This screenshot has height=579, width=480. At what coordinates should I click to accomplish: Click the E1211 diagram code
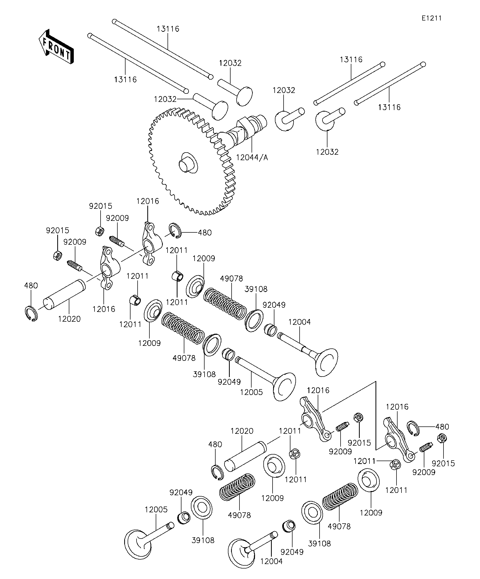click(431, 18)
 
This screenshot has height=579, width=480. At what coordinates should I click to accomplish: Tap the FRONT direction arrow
click(56, 46)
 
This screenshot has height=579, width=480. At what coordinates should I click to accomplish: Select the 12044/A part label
click(252, 158)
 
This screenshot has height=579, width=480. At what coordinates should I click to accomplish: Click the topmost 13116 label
click(168, 29)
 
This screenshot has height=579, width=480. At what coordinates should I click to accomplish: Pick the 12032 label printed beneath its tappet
click(327, 152)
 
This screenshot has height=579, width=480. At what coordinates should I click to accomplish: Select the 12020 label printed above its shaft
click(242, 431)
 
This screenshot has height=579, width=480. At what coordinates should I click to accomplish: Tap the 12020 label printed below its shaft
click(69, 319)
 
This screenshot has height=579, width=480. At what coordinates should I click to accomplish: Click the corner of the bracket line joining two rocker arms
click(376, 382)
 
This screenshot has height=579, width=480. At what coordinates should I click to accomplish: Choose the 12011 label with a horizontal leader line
click(365, 461)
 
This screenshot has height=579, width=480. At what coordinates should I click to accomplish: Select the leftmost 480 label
click(31, 285)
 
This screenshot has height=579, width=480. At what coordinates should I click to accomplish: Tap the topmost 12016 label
click(148, 201)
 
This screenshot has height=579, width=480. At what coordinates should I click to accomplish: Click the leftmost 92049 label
click(181, 492)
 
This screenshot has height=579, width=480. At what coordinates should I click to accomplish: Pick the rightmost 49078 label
click(339, 526)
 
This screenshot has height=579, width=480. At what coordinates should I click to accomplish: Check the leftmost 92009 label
click(75, 242)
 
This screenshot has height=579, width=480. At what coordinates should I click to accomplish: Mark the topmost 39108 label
click(256, 289)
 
